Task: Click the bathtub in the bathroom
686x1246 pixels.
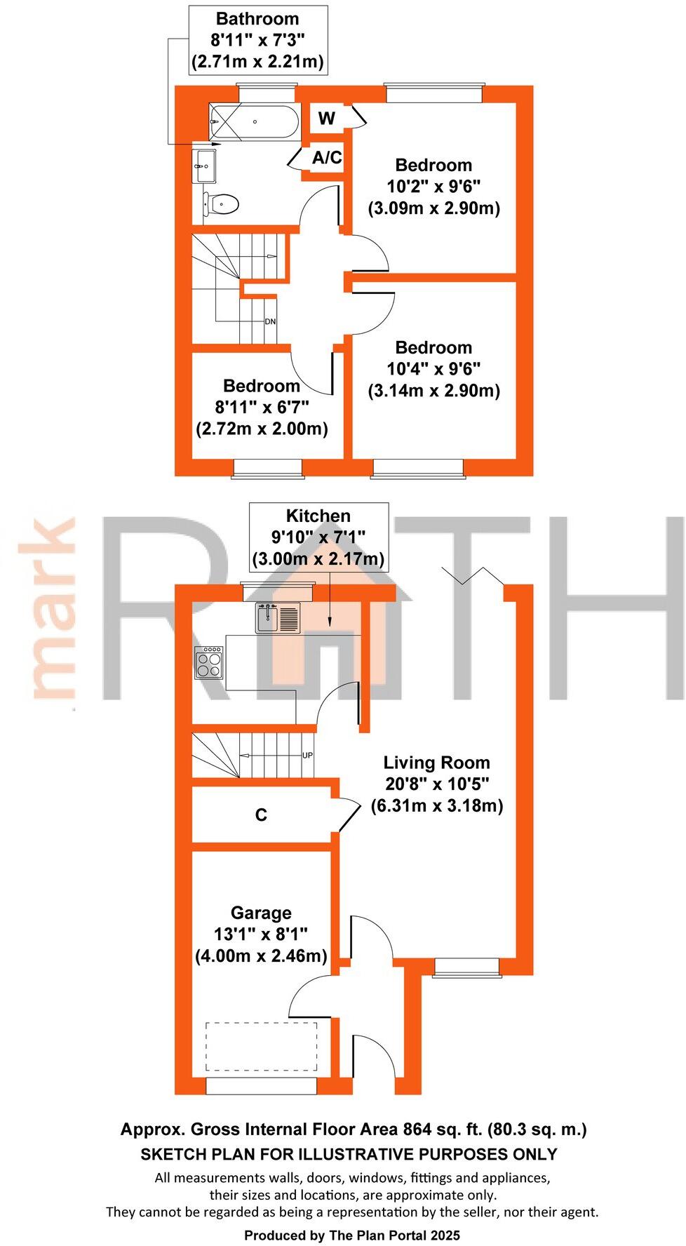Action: pos(254,122)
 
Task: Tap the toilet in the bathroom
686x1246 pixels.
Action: pos(221,204)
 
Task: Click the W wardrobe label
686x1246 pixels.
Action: pos(327,119)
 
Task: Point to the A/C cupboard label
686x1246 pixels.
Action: pos(327,158)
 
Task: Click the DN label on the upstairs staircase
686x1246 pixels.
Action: pos(270,322)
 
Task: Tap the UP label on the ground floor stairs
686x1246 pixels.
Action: pos(307,756)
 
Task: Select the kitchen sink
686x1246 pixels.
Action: pos(278,617)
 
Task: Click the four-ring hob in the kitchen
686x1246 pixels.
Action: pos(209,662)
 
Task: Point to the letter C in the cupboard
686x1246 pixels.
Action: pos(261,815)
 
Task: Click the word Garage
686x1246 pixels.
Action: pos(261,913)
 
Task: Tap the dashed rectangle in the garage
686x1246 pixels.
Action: pos(261,1046)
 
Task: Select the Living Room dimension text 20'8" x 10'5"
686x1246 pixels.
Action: pos(437,784)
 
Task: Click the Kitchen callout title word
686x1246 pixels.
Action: pos(318,516)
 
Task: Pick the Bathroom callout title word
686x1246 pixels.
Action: pos(257,19)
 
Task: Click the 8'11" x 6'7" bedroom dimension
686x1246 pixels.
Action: pos(262,407)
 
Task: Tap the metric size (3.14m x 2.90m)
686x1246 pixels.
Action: pos(434,391)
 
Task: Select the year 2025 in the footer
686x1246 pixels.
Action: pos(443,1235)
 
